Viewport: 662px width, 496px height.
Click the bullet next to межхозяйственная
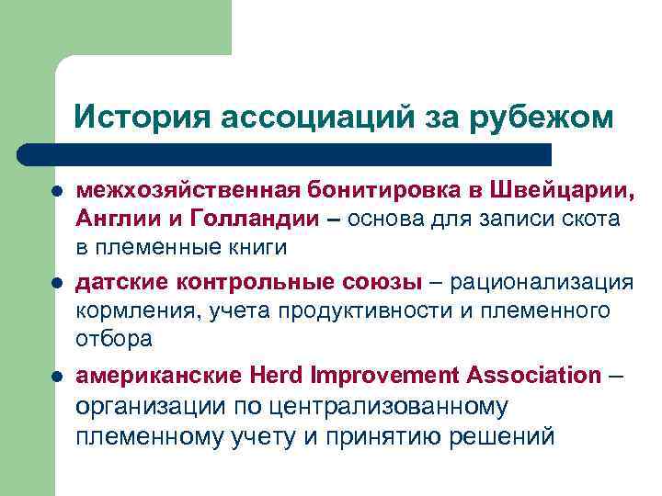click(56, 192)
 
